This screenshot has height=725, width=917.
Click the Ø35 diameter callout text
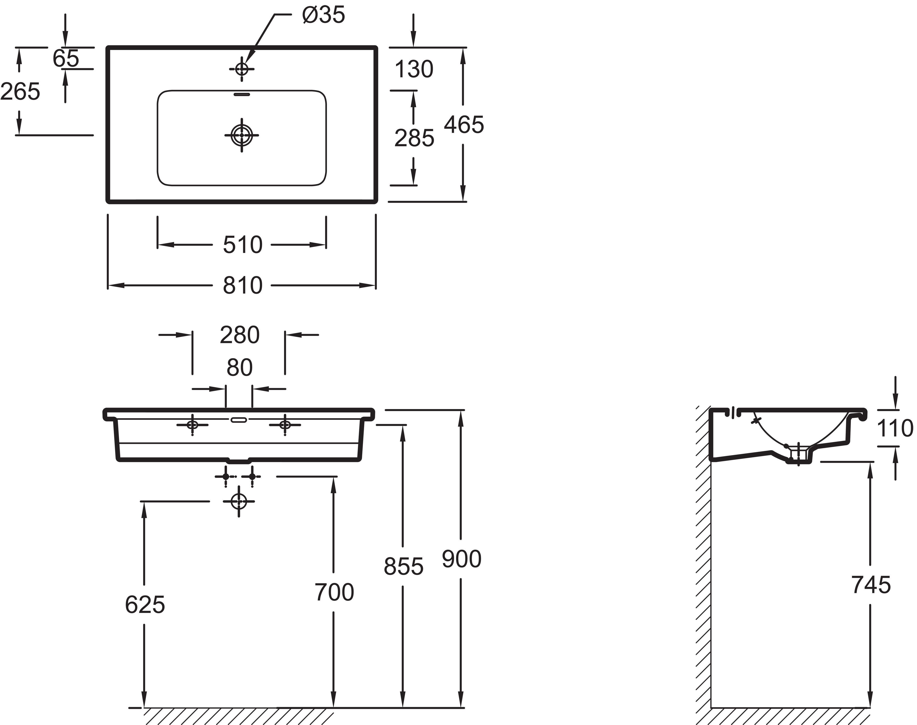click(323, 16)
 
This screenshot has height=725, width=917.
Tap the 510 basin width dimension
click(242, 245)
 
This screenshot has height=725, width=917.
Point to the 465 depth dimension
click(464, 125)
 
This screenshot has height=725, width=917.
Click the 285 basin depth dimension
click(414, 138)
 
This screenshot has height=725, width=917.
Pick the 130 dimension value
click(414, 69)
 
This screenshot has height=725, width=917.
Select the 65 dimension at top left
click(66, 58)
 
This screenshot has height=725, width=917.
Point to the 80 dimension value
click(239, 368)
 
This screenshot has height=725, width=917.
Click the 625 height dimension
click(145, 605)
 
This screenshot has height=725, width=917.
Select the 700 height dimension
click(334, 592)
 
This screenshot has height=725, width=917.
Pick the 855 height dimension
click(403, 567)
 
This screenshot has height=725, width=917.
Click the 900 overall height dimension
click(461, 559)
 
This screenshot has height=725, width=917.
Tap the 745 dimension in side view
click(871, 585)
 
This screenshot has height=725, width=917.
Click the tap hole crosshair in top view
click(241, 69)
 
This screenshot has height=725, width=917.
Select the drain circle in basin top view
click(241, 135)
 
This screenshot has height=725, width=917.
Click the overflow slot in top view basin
click(241, 94)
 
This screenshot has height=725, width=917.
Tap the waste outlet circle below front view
click(239, 501)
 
